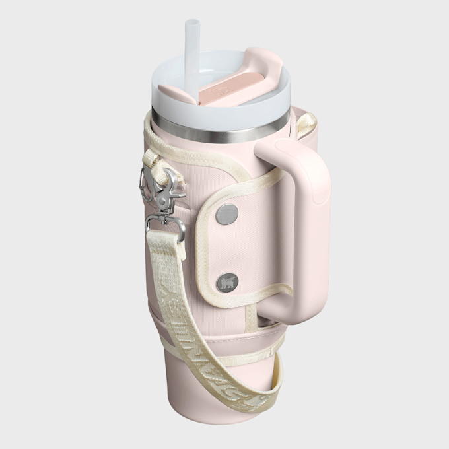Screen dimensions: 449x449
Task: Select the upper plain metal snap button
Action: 228,213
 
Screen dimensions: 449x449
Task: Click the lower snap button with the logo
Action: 228,282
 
